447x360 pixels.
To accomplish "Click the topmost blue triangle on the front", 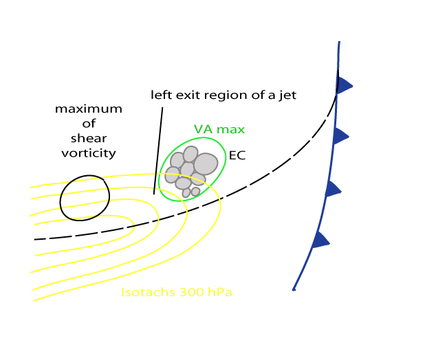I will click(343, 85).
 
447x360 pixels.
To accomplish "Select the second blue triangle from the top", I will click(340, 136).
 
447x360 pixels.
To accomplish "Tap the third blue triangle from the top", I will click(332, 188).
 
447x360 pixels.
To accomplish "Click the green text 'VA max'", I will click(219, 129).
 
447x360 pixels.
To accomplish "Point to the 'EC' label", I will click(237, 156).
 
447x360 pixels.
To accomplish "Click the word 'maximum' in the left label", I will click(89, 109).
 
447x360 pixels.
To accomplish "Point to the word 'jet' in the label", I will click(287, 95).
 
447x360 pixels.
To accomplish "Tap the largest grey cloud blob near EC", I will click(206, 164).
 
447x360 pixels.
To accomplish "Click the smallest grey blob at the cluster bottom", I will click(186, 193).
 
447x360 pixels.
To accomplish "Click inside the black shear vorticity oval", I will click(85, 198).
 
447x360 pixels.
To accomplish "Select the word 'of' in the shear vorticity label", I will click(88, 124).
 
